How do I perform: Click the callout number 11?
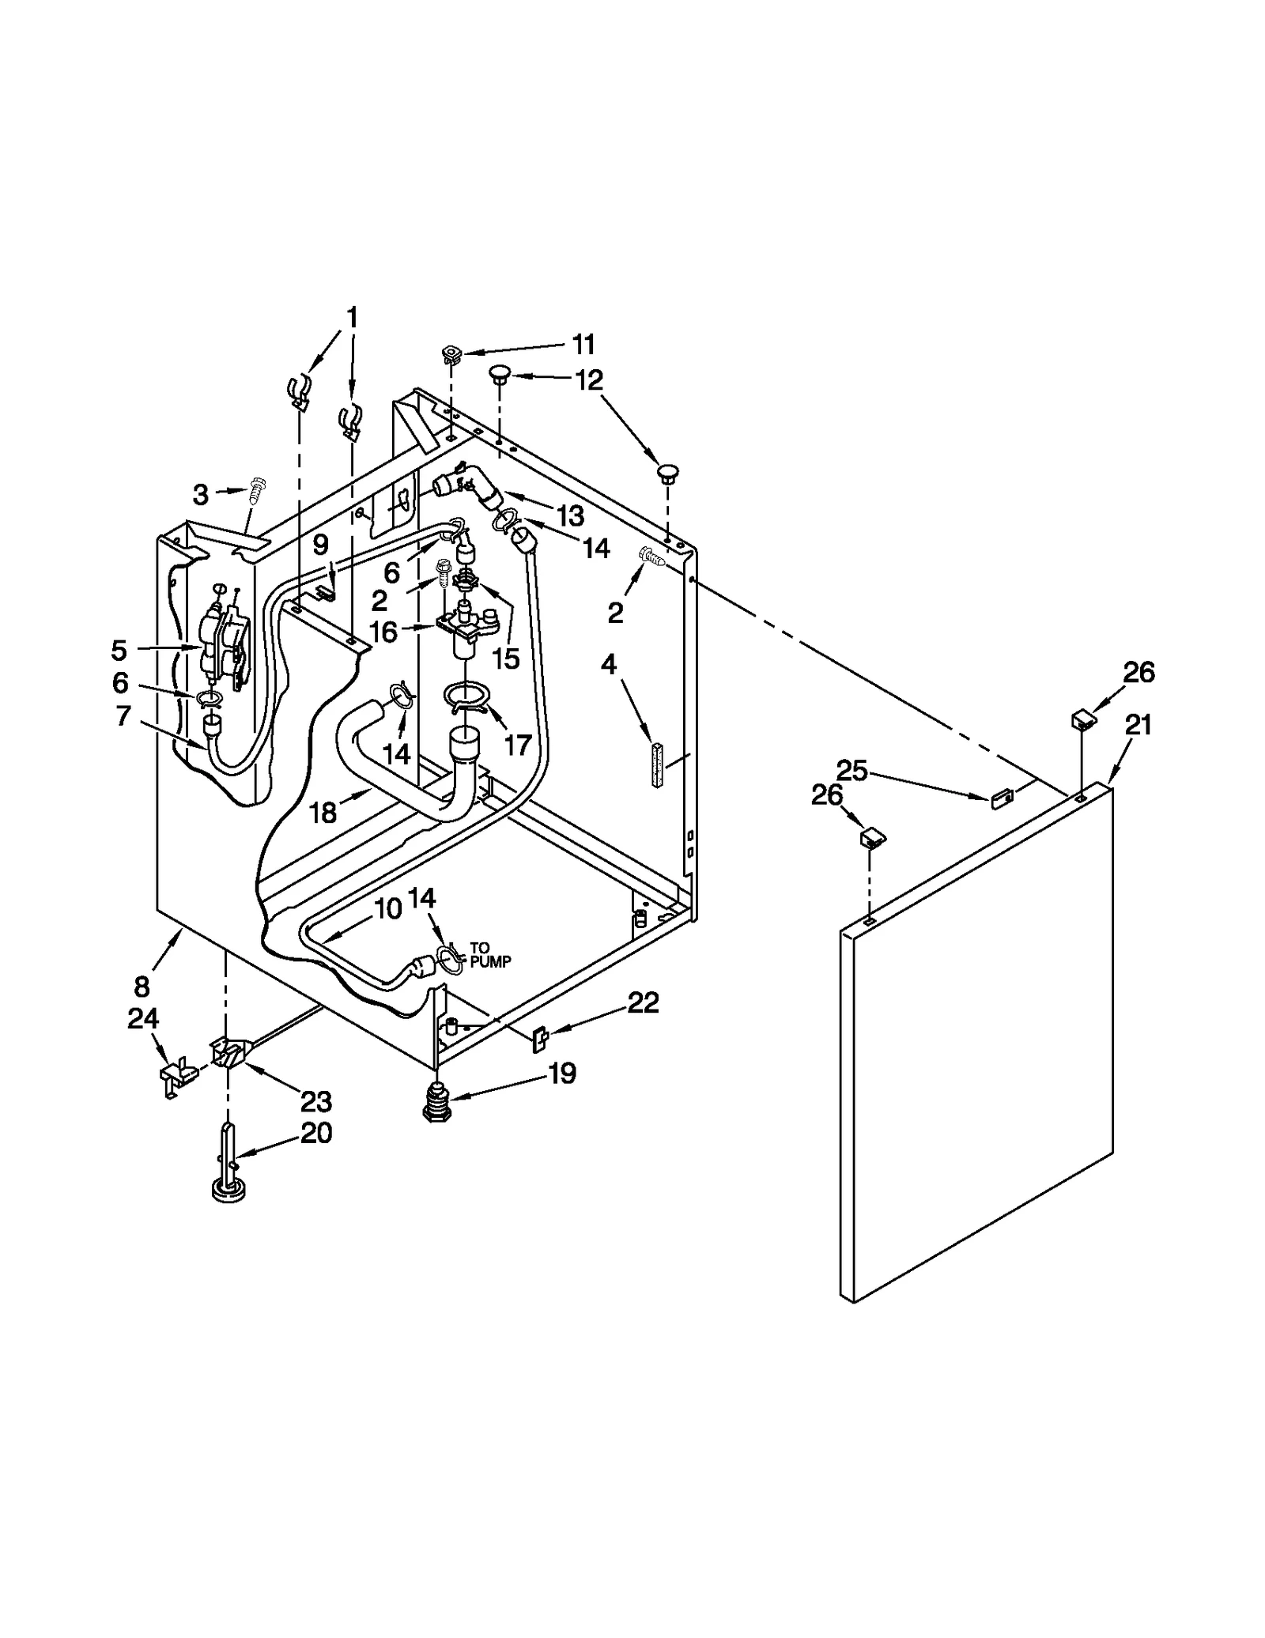point(583,345)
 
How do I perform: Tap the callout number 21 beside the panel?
point(1138,724)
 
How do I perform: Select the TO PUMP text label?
point(490,955)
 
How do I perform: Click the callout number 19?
point(563,1074)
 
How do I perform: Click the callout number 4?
point(608,665)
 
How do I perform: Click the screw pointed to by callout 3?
point(257,491)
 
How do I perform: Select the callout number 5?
point(119,651)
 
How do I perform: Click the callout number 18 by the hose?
point(323,812)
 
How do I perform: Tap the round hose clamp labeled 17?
point(467,696)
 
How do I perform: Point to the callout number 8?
point(142,987)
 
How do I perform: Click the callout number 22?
point(643,1003)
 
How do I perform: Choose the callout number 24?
point(143,1019)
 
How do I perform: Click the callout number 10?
point(387,910)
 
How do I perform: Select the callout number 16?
point(383,632)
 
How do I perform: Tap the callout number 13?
point(570,515)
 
